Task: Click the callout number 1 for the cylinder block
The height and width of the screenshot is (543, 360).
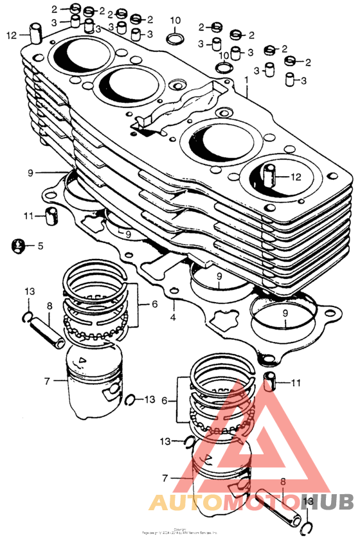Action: pos(245,81)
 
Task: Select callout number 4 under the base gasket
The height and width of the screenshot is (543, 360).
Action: pos(172,317)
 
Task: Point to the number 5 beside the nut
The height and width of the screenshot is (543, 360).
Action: pos(40,245)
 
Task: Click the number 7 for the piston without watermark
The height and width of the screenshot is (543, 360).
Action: pos(46,381)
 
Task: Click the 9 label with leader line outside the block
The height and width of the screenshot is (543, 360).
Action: pos(30,173)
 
